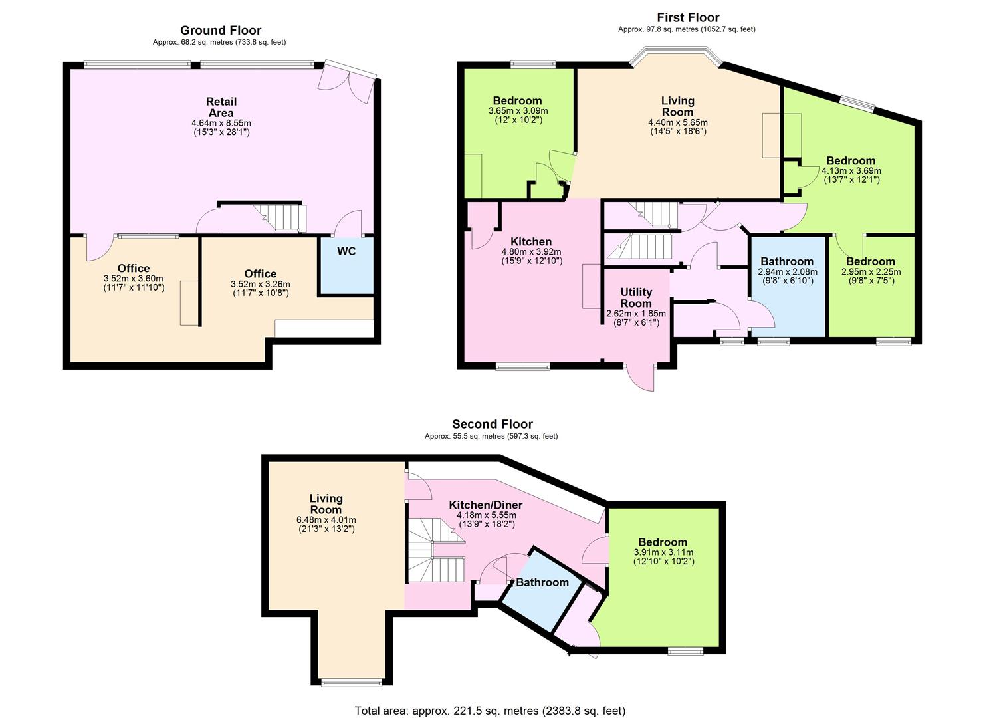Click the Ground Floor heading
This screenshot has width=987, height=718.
tap(220, 31)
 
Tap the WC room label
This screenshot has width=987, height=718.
tap(346, 251)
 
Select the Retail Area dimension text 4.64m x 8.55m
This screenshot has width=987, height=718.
tap(221, 123)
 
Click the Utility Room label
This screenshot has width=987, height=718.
tap(636, 298)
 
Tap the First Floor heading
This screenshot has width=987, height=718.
tap(688, 18)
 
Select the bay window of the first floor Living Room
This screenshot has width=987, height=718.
tap(676, 57)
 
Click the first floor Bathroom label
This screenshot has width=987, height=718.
tap(787, 261)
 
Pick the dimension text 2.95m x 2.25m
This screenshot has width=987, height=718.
tap(871, 271)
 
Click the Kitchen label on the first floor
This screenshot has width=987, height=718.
tap(531, 241)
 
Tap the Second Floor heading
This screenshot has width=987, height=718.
tap(493, 424)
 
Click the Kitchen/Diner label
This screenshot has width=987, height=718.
tap(486, 505)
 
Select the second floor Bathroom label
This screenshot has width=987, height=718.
tap(542, 582)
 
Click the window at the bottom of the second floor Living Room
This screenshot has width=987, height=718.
tap(351, 683)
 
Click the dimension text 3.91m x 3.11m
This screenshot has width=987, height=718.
tap(663, 552)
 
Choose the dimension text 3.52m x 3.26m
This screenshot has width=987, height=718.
tap(261, 285)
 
